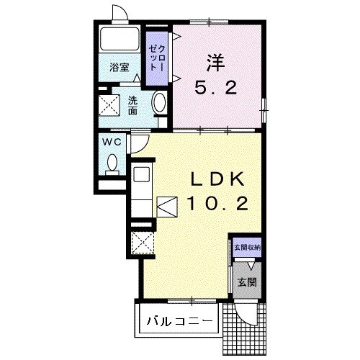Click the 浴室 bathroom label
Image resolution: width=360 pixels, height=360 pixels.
[120, 68]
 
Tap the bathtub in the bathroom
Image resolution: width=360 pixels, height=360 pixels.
[120, 39]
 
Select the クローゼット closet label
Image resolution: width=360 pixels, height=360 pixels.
[157, 58]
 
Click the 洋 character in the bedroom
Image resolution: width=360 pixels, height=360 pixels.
[216, 63]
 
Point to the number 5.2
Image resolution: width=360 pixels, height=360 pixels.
[216, 88]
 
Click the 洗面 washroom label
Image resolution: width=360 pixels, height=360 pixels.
[132, 105]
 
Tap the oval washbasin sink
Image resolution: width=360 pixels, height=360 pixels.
[158, 103]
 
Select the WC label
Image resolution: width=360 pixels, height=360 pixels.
[112, 143]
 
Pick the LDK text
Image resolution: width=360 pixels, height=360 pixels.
[217, 179]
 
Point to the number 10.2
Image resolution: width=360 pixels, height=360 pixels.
[217, 204]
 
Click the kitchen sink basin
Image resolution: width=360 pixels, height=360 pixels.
[142, 174]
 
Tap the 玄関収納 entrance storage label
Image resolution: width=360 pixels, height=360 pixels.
[247, 248]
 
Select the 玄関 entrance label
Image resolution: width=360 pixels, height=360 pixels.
[247, 282]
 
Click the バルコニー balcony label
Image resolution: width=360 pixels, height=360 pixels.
[180, 320]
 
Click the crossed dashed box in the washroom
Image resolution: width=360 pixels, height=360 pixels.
[109, 105]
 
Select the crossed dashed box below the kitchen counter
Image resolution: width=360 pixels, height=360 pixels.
[143, 243]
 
